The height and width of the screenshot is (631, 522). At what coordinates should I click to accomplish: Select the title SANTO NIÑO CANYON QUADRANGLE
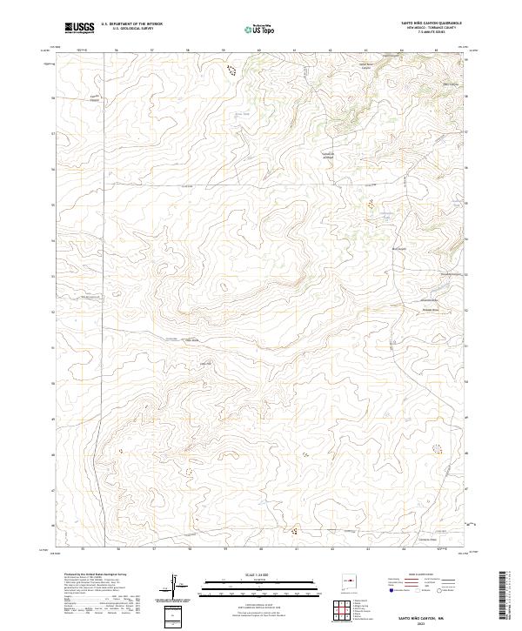tap(431, 24)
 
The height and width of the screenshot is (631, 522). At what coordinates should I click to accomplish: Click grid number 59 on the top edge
tap(225, 50)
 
